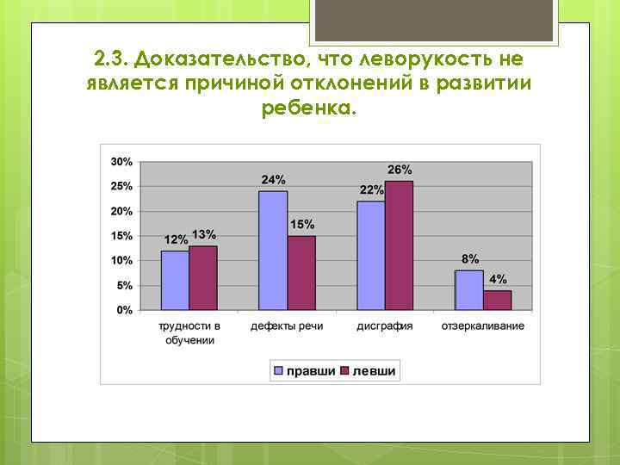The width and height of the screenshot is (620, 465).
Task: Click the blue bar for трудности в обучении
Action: coord(175,280)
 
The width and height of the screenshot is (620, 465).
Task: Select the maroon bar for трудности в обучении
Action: coord(203,277)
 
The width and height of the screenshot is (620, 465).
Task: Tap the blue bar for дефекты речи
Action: coord(273,251)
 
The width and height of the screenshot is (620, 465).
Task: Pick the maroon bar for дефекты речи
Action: coord(301,272)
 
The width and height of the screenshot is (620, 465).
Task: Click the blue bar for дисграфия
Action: coord(371,255)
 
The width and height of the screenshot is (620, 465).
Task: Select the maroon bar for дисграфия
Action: coord(400,245)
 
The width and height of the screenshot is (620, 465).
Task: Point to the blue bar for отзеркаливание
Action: coord(469,289)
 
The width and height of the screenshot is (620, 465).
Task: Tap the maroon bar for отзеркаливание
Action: coord(498,300)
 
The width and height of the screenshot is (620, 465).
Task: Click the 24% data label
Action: coord(274,180)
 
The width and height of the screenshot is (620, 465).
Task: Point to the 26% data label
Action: coord(400,169)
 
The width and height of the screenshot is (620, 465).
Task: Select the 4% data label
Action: coord(499,279)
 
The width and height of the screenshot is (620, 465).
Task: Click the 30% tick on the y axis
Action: coord(121,162)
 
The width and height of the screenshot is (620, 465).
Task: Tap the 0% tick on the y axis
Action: coord(125,310)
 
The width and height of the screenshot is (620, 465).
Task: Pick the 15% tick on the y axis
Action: coord(121,236)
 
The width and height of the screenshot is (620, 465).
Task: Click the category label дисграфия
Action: coord(385,326)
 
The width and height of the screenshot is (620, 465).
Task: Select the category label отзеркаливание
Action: coord(483,326)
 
